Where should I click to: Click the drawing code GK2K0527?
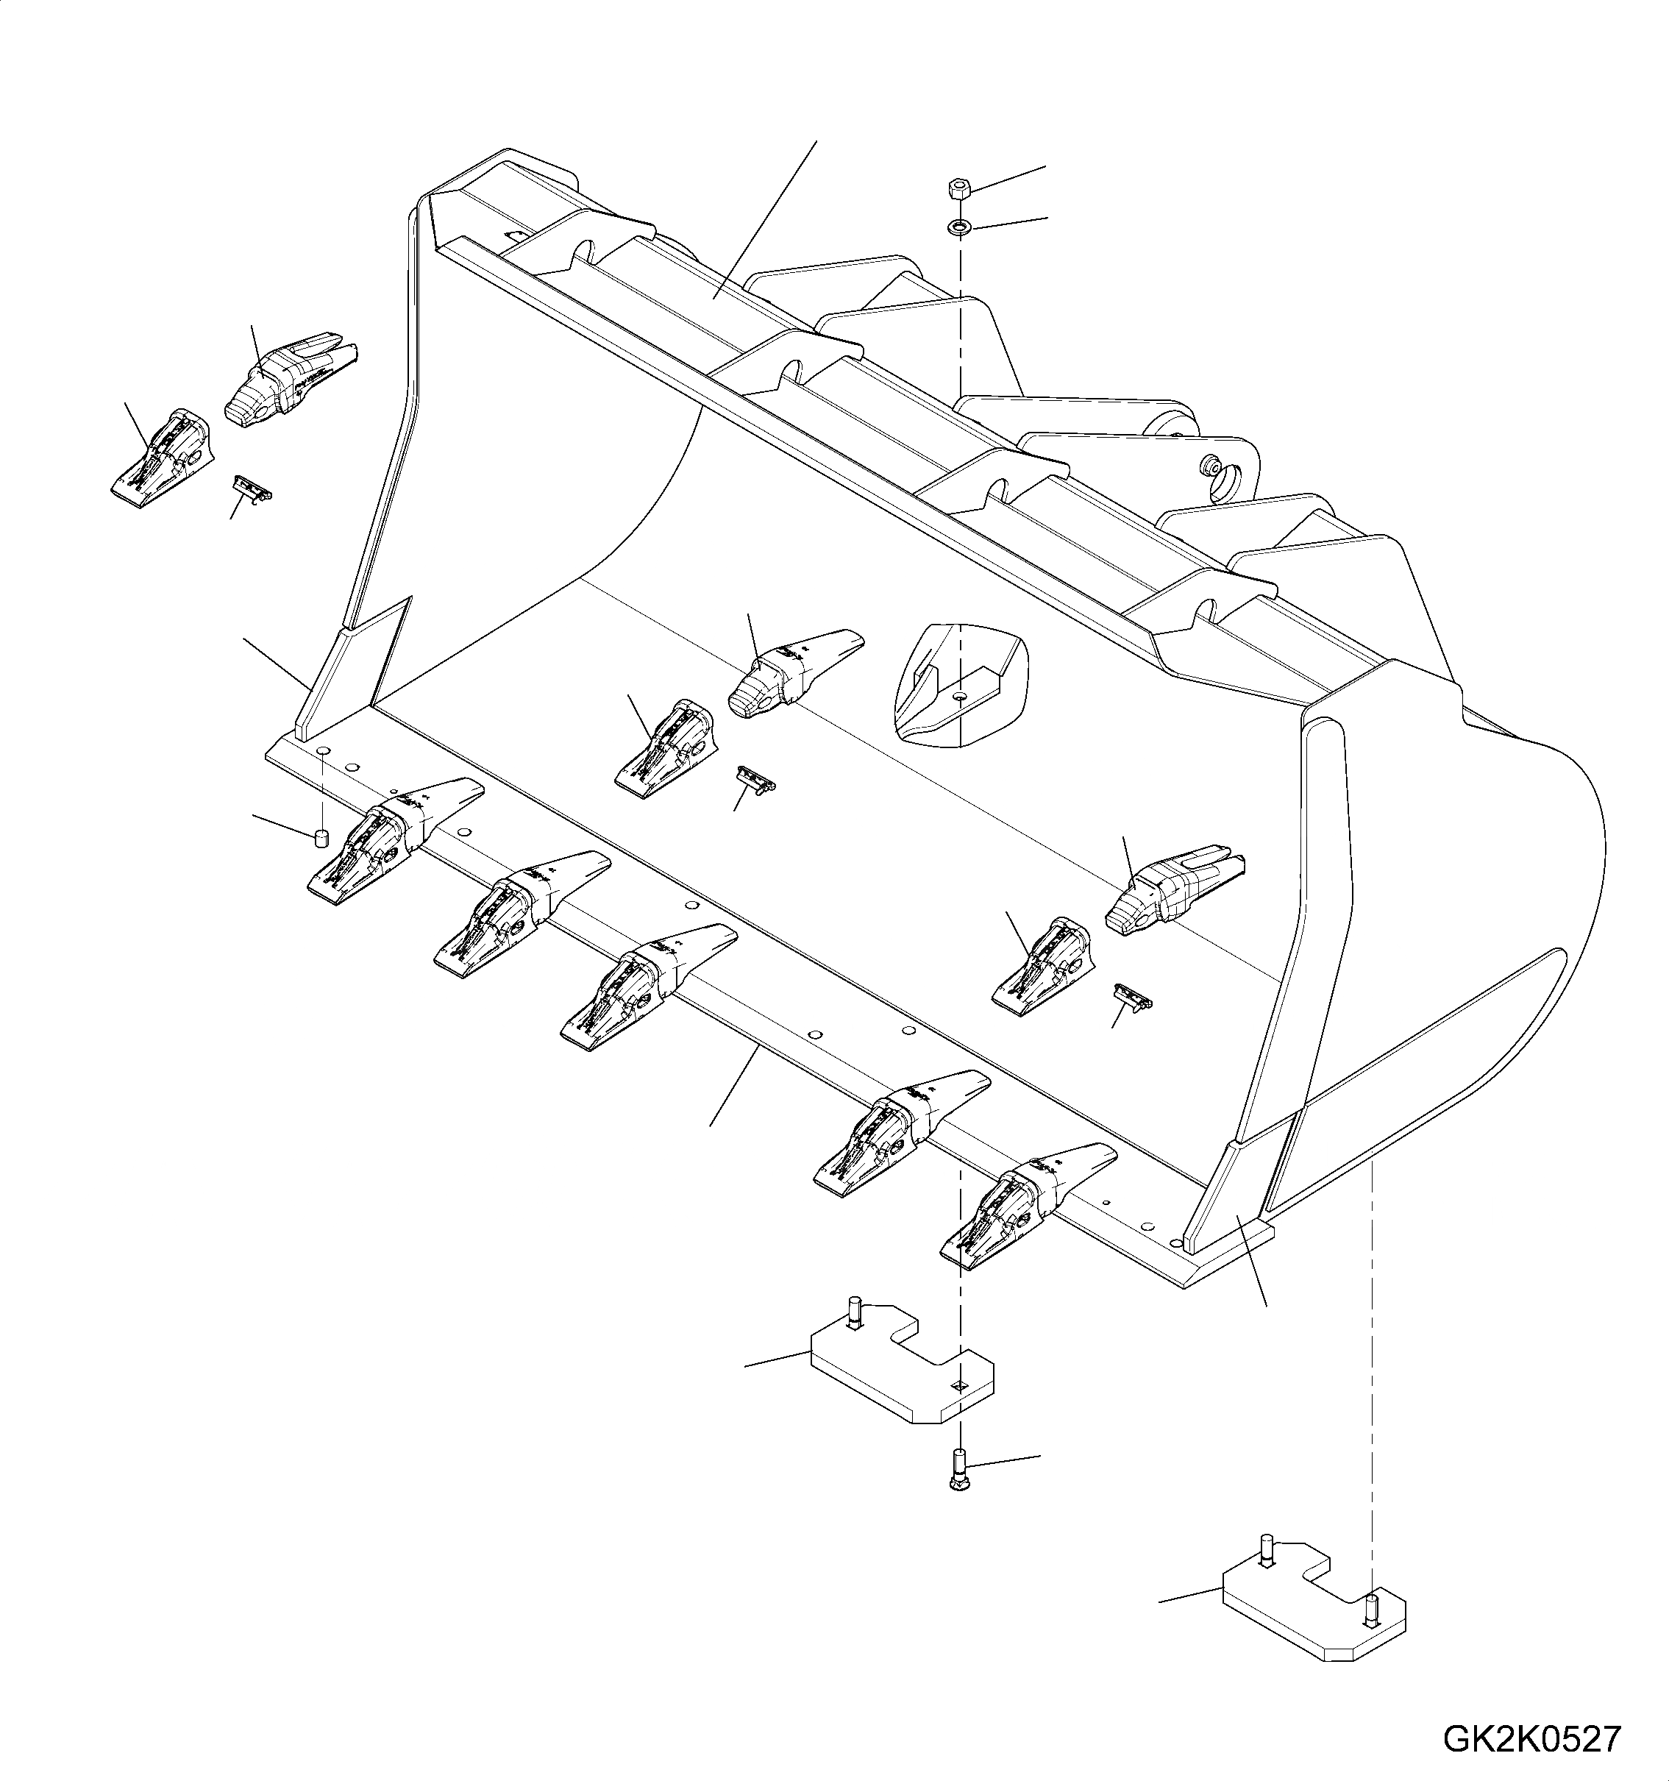pos(1530,1740)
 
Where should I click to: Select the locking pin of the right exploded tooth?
pos(1131,997)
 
